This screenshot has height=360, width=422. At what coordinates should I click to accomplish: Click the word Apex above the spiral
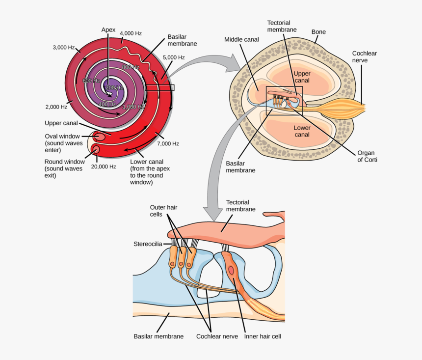tap(108, 29)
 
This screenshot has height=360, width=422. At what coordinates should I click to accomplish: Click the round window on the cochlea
tap(96, 149)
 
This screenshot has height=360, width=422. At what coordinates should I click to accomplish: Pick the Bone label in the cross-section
tap(318, 32)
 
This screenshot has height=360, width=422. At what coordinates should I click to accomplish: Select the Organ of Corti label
tap(367, 156)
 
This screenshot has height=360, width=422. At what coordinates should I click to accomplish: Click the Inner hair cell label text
tap(263, 336)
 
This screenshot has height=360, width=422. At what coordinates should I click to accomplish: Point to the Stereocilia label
tap(148, 244)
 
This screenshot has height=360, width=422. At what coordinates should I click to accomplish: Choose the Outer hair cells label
tap(163, 211)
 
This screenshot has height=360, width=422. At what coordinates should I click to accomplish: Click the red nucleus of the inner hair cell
tap(231, 270)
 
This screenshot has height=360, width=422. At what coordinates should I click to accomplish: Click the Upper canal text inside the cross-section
tap(302, 77)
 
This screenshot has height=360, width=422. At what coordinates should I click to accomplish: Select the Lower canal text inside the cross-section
tap(302, 131)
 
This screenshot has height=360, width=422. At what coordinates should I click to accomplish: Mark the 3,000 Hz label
tap(64, 48)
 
